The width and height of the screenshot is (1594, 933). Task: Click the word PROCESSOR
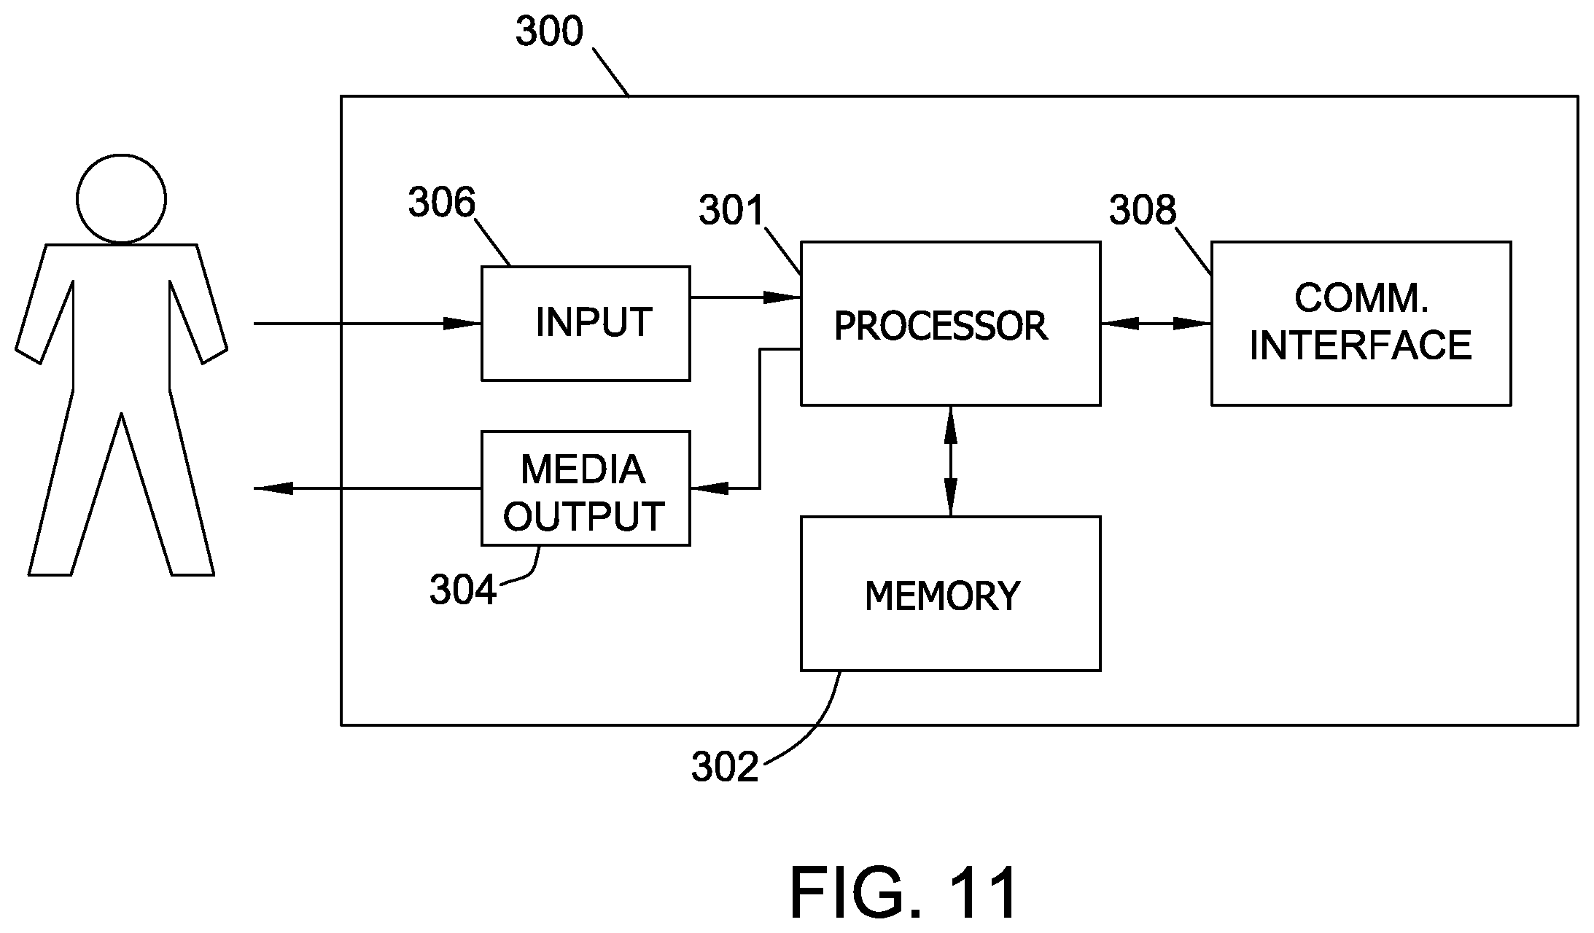click(x=941, y=326)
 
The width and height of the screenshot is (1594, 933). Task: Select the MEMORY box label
click(x=942, y=596)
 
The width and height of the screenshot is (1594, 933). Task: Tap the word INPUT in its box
click(x=594, y=322)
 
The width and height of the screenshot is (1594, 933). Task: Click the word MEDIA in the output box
click(x=583, y=469)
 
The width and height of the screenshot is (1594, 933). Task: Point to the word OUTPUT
click(x=583, y=517)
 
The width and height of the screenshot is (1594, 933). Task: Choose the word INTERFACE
click(x=1361, y=346)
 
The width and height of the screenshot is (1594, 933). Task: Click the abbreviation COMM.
click(x=1361, y=298)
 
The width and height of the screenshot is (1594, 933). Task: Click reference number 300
click(x=550, y=32)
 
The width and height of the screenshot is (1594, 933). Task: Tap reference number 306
click(x=442, y=203)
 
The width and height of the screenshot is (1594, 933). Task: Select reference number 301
click(x=731, y=211)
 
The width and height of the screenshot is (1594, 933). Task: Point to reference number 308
click(x=1143, y=210)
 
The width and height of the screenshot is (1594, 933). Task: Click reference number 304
click(x=463, y=590)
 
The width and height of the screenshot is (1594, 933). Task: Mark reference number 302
click(x=725, y=767)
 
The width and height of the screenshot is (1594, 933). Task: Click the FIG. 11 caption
click(x=903, y=892)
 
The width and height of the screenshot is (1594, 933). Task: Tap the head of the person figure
click(x=121, y=198)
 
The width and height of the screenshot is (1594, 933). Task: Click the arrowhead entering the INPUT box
click(x=462, y=323)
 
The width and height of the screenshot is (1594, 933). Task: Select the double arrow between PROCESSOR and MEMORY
click(x=950, y=461)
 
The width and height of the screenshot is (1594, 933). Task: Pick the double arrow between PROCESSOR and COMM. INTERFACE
click(x=1156, y=323)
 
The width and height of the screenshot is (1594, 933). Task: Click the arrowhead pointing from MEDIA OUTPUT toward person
click(x=273, y=488)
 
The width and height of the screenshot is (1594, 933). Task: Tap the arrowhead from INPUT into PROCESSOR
click(x=782, y=297)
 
